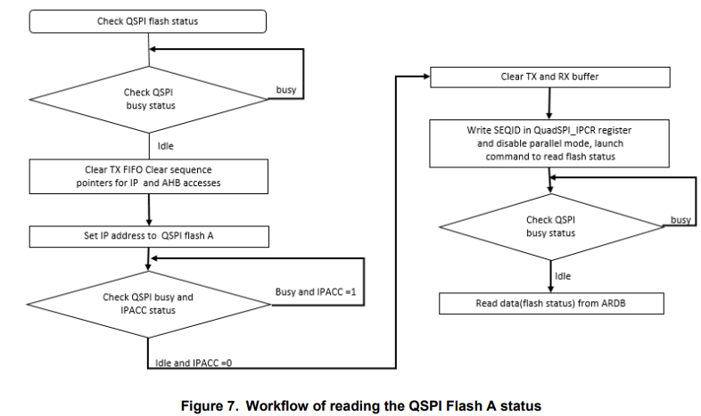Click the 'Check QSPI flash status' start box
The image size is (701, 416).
tap(147, 20)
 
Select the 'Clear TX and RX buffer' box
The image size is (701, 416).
tap(549, 77)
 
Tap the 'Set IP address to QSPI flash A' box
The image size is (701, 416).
tap(147, 236)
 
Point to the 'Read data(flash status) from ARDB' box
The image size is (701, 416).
tap(549, 303)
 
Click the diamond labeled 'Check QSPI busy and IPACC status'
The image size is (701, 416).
tap(147, 303)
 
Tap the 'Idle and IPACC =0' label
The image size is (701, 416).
tap(194, 363)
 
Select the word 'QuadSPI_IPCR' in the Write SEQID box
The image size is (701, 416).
tap(557, 130)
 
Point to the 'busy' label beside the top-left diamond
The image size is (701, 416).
tap(286, 91)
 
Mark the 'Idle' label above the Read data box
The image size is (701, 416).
tap(563, 276)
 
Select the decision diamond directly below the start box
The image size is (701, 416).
tap(147, 97)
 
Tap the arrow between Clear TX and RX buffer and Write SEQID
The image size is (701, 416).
tap(549, 103)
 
